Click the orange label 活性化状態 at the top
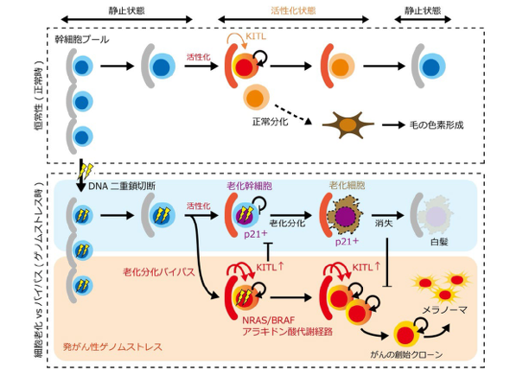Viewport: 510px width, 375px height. (x=293, y=10)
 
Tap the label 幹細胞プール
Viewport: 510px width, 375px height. (x=82, y=40)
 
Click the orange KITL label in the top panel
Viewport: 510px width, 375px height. (x=256, y=36)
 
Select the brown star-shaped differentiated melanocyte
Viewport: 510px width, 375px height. (x=348, y=125)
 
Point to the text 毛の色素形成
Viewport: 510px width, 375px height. (x=437, y=125)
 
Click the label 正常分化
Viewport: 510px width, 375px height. (x=271, y=122)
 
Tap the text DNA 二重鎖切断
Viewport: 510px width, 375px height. (x=122, y=186)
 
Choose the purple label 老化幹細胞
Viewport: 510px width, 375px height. (x=250, y=186)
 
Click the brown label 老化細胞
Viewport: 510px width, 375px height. (x=347, y=186)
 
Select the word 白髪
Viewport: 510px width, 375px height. (x=439, y=242)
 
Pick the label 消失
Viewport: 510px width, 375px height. (x=384, y=224)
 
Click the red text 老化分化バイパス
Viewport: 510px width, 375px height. (x=159, y=271)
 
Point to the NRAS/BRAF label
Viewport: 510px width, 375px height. (x=269, y=321)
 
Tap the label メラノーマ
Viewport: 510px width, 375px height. (x=444, y=309)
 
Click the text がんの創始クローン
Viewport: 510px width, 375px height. (x=406, y=354)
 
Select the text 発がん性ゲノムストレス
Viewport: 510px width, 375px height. (x=112, y=346)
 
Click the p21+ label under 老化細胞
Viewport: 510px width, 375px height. (x=347, y=241)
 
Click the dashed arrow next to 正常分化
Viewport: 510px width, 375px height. (x=293, y=114)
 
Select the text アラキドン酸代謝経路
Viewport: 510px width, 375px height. (x=287, y=332)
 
